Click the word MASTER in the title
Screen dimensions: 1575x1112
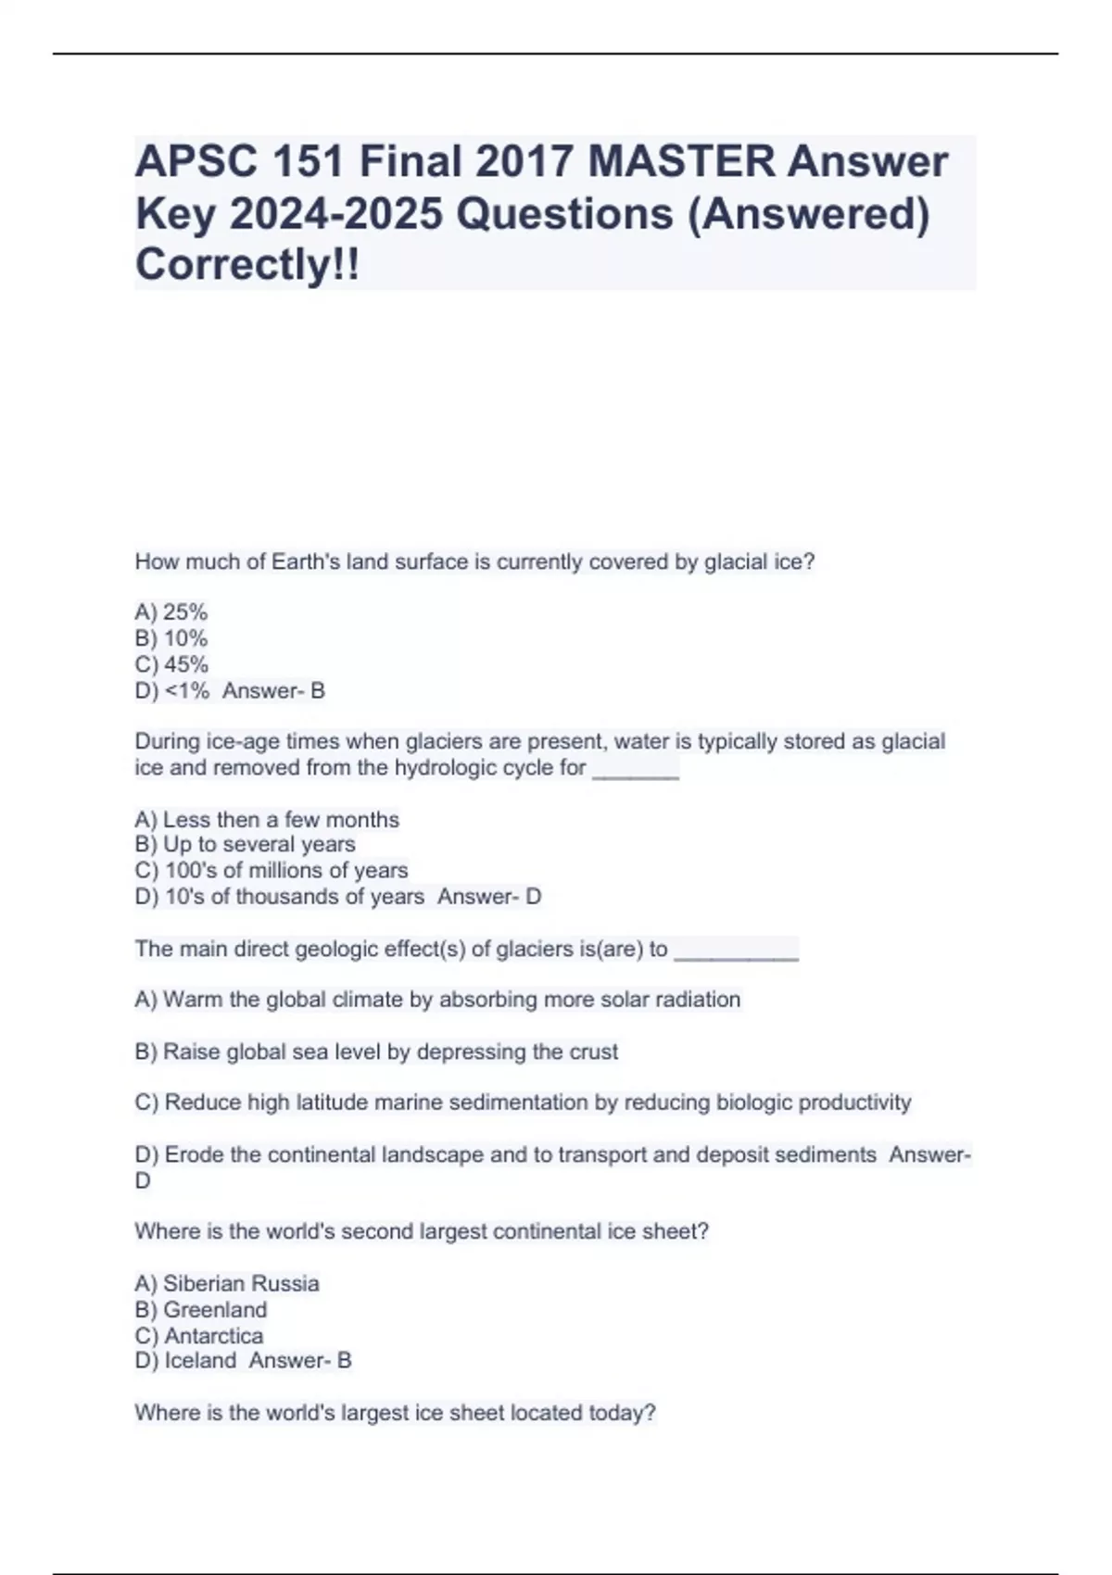click(682, 162)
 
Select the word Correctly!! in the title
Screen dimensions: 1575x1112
click(247, 265)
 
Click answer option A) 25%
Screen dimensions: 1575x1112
click(171, 612)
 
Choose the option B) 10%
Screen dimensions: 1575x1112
click(171, 638)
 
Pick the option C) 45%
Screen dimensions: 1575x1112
click(171, 664)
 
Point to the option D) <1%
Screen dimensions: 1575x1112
click(172, 691)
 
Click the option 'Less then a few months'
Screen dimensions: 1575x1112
click(267, 820)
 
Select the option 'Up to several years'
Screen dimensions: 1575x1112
click(246, 844)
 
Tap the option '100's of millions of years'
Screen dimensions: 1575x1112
click(272, 871)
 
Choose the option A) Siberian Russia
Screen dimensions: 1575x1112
click(227, 1284)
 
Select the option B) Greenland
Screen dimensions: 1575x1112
click(201, 1310)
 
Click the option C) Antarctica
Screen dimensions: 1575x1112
click(199, 1336)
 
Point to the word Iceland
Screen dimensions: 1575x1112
click(200, 1361)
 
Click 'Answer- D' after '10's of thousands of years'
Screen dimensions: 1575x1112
click(489, 897)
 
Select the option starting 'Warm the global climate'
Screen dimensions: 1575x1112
click(437, 1001)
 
